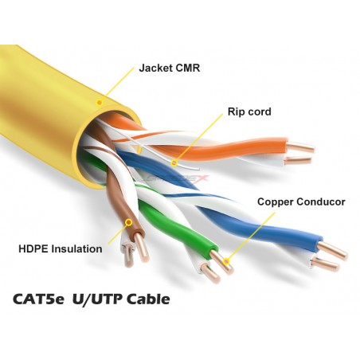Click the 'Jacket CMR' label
[x=170, y=68]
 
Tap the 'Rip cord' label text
[x=249, y=112]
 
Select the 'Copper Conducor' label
[x=301, y=202]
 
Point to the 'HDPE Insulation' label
[x=61, y=249]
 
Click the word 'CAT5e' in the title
[x=38, y=299]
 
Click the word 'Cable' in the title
[x=148, y=299]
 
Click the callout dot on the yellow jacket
[x=100, y=102]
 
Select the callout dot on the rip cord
[x=174, y=162]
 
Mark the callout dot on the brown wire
[x=129, y=222]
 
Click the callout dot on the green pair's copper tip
[x=226, y=261]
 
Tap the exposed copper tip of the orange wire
[x=301, y=147]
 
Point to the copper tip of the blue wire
[x=332, y=250]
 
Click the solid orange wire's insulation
[x=233, y=151]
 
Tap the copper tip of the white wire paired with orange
[x=297, y=160]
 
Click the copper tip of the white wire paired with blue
[x=326, y=264]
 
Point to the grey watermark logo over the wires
[x=175, y=178]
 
